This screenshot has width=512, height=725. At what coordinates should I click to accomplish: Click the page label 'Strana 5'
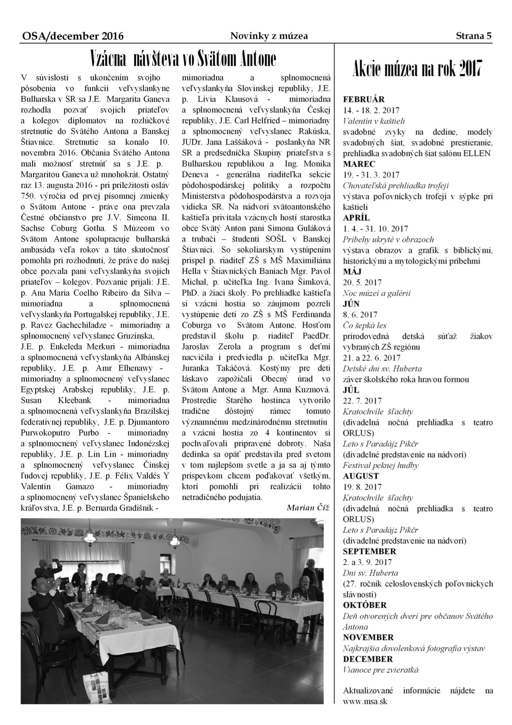click(x=474, y=36)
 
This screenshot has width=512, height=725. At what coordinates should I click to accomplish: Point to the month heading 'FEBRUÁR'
click(x=364, y=99)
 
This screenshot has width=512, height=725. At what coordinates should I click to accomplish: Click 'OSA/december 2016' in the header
click(x=72, y=36)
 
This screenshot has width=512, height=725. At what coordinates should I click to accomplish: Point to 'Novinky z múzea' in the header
click(x=269, y=36)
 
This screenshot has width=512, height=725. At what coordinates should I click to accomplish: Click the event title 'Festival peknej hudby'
click(x=381, y=465)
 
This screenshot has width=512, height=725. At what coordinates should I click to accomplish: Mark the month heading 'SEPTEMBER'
click(x=369, y=551)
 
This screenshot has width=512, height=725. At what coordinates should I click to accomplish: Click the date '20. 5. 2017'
click(x=362, y=282)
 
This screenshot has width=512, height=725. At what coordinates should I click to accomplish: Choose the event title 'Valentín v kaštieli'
click(x=374, y=121)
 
